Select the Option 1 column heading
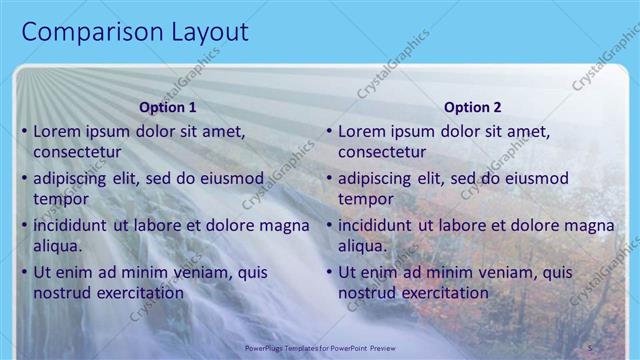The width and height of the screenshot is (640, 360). [168, 107]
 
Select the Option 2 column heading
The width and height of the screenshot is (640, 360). [473, 107]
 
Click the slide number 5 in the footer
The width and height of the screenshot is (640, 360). [590, 346]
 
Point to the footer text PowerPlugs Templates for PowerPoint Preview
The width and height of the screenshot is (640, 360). [319, 346]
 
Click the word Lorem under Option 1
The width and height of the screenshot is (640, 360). [56, 131]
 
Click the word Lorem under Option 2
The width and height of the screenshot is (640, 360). [361, 131]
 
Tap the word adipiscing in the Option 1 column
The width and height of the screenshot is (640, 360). [74, 178]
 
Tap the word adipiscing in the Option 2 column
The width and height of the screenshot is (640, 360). [379, 178]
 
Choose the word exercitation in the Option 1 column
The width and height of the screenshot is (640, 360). [139, 293]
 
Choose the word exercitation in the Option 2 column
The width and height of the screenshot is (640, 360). [444, 293]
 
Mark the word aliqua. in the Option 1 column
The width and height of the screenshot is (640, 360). [57, 246]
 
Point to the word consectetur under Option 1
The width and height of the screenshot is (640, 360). [77, 152]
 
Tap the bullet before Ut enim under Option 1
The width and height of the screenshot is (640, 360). [24, 272]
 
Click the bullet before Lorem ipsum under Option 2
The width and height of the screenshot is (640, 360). [329, 131]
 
